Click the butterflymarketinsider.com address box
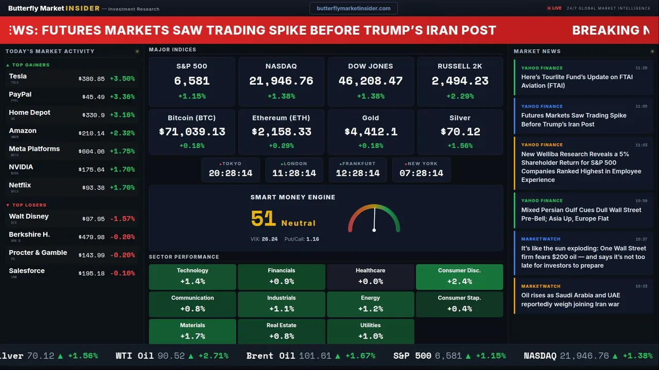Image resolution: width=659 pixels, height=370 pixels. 354,8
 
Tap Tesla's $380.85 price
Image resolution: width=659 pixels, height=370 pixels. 92,79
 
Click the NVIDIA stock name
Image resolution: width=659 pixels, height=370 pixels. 21,167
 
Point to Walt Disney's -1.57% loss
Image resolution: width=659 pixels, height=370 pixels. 123,219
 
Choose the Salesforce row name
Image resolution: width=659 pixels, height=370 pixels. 27,271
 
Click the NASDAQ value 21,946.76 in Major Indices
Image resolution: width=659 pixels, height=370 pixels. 281,81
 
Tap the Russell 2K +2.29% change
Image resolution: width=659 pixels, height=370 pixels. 460,96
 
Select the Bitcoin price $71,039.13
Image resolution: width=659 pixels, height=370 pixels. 192,132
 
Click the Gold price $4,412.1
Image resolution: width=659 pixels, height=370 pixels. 371,132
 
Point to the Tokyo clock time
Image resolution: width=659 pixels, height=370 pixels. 231,173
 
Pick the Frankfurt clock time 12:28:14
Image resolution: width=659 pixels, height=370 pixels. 358,173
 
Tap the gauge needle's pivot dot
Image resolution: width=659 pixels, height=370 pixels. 374,229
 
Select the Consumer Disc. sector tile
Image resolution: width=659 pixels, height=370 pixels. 459,276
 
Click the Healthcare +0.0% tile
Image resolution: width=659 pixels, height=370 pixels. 370,276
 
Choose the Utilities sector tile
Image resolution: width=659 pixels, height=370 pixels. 370,331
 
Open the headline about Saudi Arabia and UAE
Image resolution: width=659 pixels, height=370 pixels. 570,300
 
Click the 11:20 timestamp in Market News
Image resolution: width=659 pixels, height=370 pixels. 641,68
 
